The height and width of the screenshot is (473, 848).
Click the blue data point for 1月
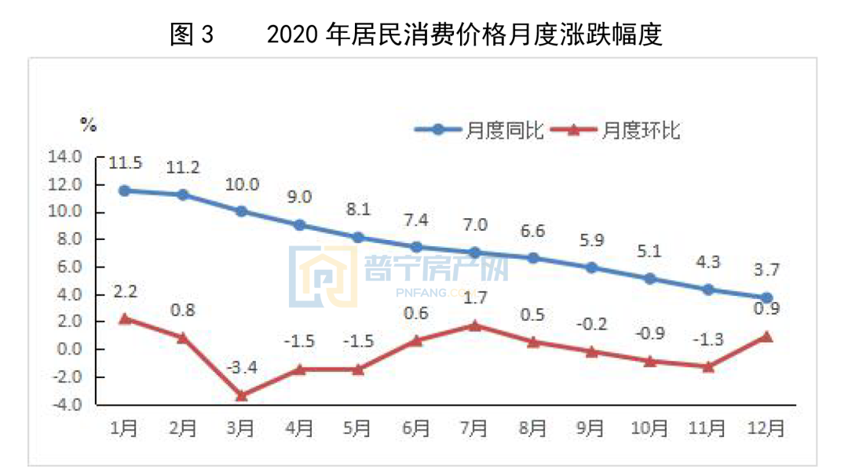pos(124,191)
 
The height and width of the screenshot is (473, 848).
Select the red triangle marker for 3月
pos(241,395)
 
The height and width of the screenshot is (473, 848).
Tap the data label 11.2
pos(183,168)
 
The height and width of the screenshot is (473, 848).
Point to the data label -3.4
pos(241,368)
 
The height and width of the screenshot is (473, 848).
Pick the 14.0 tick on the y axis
pos(67,157)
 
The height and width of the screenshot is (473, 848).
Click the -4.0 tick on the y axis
pos(67,406)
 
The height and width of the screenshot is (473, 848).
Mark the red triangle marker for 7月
pos(473,325)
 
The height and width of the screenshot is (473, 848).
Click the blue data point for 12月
pos(766,298)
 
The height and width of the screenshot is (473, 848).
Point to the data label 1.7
pos(474,298)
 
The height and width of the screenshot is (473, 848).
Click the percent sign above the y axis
pos(88,123)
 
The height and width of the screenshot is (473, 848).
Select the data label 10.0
pos(242,185)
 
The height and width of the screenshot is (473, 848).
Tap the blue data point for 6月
pos(416,247)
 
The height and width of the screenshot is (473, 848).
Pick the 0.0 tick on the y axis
pos(69,350)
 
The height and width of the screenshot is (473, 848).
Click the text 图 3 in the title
pos(192,35)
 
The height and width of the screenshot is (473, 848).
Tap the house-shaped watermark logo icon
pos(323,276)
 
